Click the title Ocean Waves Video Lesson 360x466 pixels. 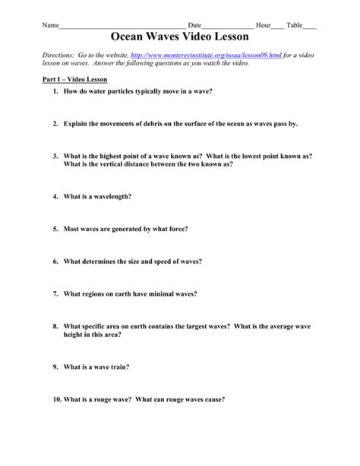[180, 36]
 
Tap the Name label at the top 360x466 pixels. [50, 25]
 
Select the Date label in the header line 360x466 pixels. [194, 25]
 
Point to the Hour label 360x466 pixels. [263, 25]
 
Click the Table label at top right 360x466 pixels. [293, 25]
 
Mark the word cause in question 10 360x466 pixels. [215, 399]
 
